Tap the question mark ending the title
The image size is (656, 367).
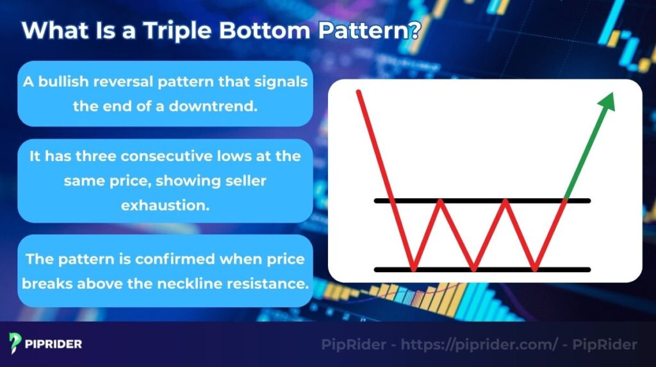413,31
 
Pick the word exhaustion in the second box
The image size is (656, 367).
165,205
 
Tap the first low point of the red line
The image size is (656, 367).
413,269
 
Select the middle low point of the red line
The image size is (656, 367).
473,269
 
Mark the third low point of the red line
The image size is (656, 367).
534,269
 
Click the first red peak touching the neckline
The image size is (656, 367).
441,201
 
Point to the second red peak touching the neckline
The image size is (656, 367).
506,201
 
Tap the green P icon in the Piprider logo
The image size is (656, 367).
16,343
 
